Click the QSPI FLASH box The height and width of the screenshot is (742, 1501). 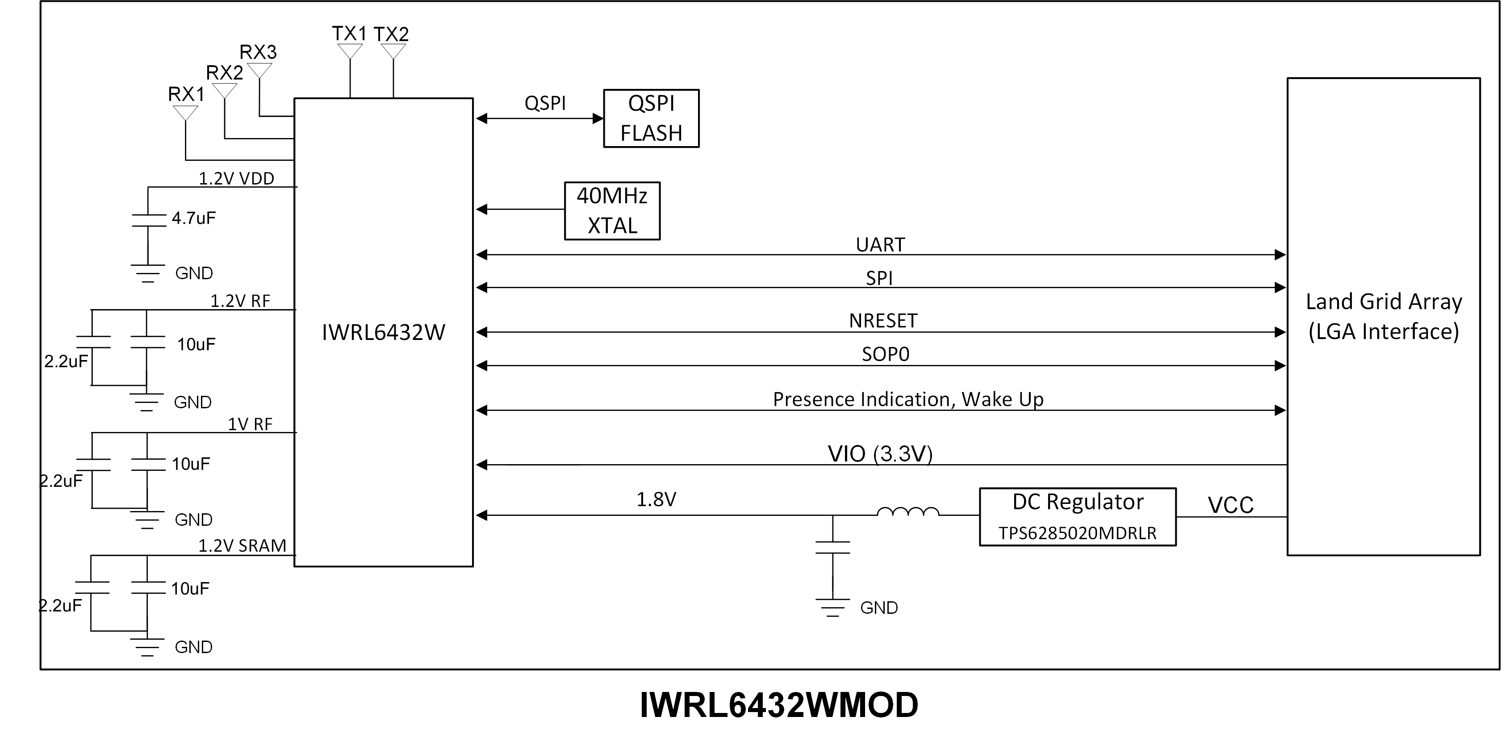click(x=651, y=118)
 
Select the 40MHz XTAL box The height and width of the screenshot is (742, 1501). click(x=612, y=210)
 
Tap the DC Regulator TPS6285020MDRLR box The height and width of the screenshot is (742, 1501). click(x=1077, y=517)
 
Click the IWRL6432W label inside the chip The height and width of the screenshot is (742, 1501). click(x=384, y=332)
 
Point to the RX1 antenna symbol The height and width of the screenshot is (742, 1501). click(x=185, y=113)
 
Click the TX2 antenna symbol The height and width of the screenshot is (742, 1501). click(x=393, y=51)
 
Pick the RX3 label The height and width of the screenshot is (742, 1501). click(x=258, y=52)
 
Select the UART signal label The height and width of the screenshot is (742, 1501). click(x=880, y=245)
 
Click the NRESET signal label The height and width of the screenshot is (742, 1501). click(x=883, y=321)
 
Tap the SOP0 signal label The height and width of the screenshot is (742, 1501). click(x=885, y=354)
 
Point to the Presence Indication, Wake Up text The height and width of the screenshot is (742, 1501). click(x=908, y=399)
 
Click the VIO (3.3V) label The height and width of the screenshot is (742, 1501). click(x=880, y=453)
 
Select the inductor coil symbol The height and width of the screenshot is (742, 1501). click(x=908, y=512)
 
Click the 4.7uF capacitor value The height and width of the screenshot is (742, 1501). click(x=193, y=218)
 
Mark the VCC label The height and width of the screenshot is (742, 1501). click(x=1230, y=505)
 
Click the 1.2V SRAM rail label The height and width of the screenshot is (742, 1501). click(x=243, y=545)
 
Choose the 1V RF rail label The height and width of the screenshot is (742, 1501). click(x=250, y=424)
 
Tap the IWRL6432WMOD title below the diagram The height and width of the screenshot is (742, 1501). click(x=778, y=705)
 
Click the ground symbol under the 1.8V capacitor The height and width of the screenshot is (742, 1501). click(x=832, y=608)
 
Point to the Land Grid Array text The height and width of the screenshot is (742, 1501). click(x=1383, y=302)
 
